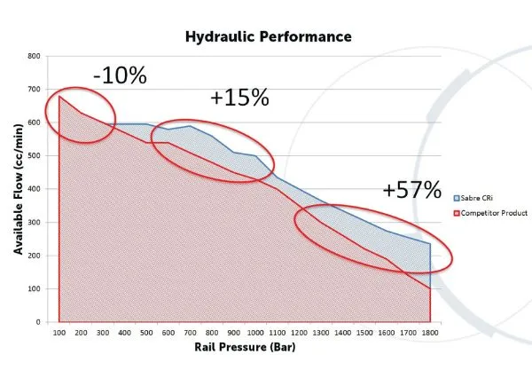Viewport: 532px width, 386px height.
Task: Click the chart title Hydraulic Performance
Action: point(268,36)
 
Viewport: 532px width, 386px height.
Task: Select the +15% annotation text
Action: point(239,98)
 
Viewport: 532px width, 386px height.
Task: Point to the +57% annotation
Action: point(411,189)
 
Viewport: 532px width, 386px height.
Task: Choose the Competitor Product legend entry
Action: point(491,213)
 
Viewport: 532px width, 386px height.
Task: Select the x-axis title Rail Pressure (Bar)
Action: point(244,347)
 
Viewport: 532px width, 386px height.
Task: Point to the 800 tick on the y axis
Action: point(35,56)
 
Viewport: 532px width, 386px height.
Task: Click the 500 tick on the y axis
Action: point(35,155)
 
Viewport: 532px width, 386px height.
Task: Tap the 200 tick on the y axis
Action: point(35,256)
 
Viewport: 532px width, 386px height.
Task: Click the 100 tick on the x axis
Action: point(59,333)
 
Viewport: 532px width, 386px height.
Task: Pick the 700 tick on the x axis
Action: point(190,333)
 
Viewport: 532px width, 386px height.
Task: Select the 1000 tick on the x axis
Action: point(255,333)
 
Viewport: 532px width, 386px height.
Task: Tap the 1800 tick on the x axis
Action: point(430,333)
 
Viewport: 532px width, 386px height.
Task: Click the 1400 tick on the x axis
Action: point(342,333)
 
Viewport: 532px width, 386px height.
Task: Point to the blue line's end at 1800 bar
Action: point(430,244)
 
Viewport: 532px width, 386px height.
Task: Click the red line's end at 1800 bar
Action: point(430,288)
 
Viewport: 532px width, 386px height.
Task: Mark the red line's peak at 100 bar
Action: point(59,96)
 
